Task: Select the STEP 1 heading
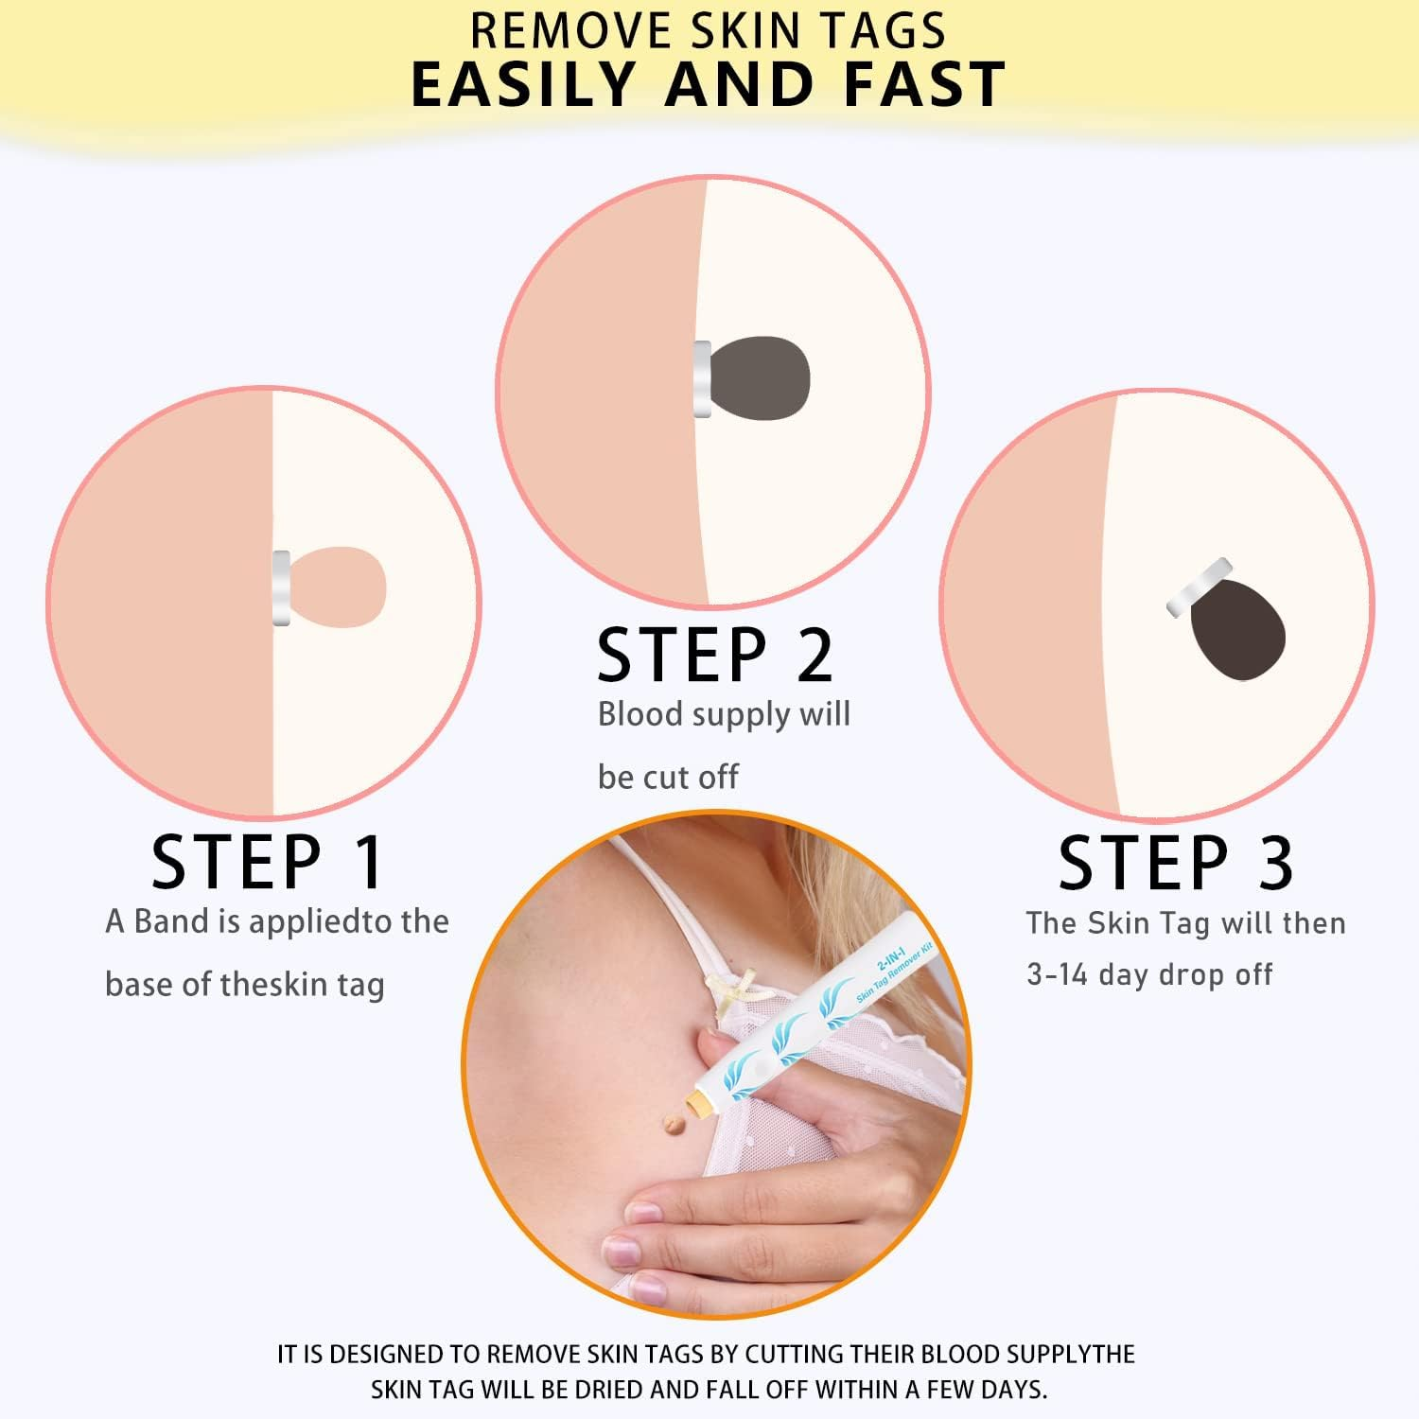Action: point(268,862)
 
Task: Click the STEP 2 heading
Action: point(715,655)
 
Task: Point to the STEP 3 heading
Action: point(1175,863)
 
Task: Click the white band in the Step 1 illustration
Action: point(281,587)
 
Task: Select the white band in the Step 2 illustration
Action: point(702,378)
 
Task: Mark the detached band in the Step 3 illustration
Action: point(1199,587)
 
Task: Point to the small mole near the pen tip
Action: point(674,1125)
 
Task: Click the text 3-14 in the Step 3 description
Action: point(1057,974)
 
